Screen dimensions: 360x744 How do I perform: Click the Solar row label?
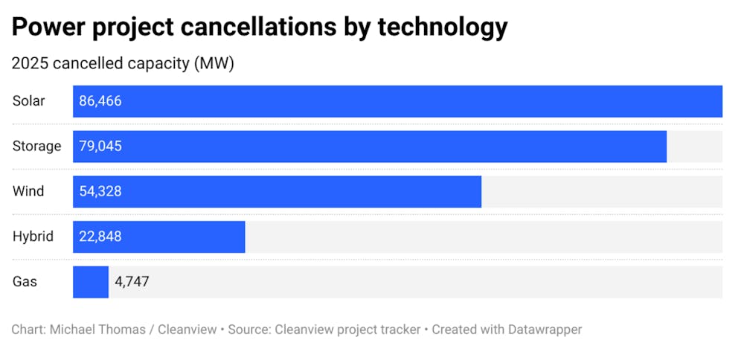click(x=28, y=101)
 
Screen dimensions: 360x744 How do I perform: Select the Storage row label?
click(x=36, y=147)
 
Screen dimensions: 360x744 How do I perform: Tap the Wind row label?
click(x=28, y=191)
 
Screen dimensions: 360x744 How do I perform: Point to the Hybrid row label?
click(x=33, y=237)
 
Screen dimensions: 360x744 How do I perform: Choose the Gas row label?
click(x=25, y=282)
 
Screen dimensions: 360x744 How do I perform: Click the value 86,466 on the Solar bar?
click(x=100, y=101)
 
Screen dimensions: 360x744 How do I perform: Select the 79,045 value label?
click(x=100, y=147)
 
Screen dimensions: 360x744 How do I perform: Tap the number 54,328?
click(x=100, y=191)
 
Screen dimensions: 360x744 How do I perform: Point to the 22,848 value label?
click(x=100, y=237)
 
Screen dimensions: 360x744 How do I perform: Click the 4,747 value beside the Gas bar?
click(x=132, y=282)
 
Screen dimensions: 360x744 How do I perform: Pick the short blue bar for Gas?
click(x=91, y=282)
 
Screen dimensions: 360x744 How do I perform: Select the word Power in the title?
click(x=44, y=28)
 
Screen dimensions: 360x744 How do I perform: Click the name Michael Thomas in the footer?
click(x=97, y=329)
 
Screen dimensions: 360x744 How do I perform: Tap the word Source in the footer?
click(x=249, y=329)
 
